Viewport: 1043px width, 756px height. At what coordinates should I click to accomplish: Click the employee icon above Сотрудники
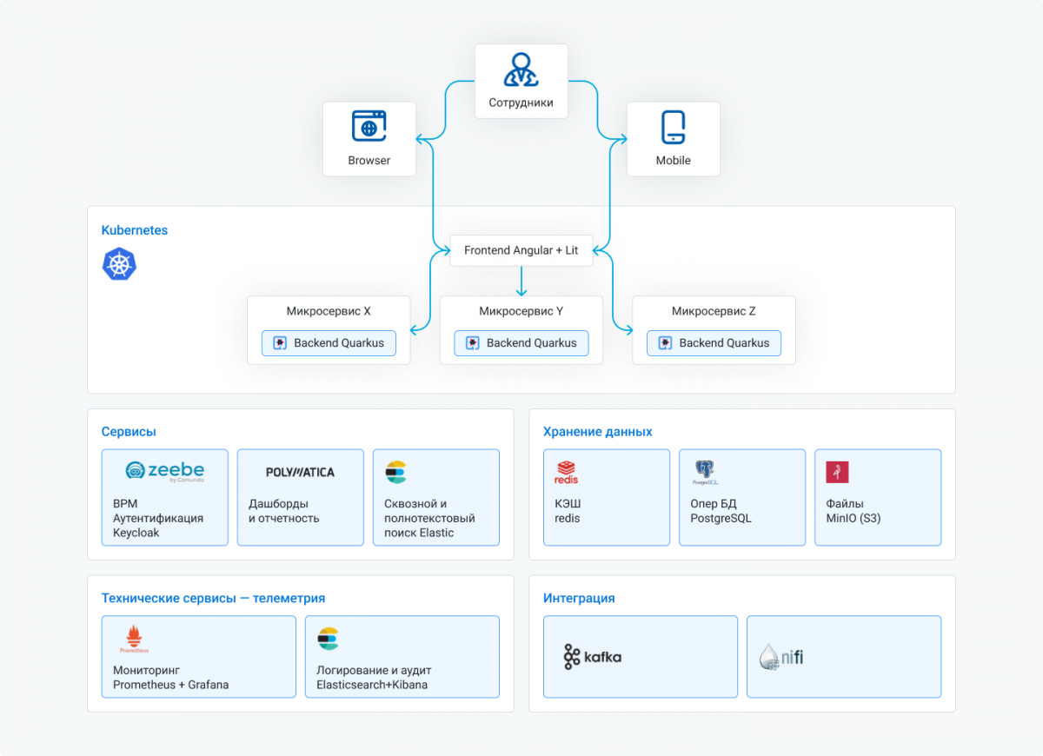click(x=521, y=70)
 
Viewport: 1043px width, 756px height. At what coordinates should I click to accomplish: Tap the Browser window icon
click(x=369, y=126)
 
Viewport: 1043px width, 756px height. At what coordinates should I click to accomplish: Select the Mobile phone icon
click(x=673, y=127)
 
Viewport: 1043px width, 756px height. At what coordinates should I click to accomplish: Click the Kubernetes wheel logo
click(x=119, y=264)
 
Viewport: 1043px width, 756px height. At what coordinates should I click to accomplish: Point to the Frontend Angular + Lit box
click(x=521, y=250)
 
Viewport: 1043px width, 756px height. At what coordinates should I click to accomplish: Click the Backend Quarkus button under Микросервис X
click(x=329, y=343)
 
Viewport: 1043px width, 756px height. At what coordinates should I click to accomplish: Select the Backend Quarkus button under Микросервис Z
click(x=714, y=343)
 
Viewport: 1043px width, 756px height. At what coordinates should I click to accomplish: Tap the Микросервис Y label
click(x=521, y=311)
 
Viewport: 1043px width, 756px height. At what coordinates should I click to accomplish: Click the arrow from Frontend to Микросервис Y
click(x=521, y=282)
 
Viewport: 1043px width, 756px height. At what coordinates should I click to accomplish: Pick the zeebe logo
click(x=165, y=471)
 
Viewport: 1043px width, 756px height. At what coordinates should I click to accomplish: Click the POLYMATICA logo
click(x=301, y=473)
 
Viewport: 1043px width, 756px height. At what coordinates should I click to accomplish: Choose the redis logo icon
click(x=566, y=473)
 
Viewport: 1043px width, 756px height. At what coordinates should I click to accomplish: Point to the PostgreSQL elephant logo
click(x=705, y=472)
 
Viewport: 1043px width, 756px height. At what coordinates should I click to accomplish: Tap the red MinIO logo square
click(x=837, y=472)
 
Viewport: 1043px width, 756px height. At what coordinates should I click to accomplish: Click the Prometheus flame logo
click(x=134, y=638)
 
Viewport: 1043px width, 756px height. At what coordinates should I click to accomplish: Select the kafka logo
click(x=592, y=657)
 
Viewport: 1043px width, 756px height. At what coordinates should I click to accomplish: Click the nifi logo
click(x=781, y=657)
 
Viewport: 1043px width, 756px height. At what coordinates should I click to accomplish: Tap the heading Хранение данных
click(x=597, y=432)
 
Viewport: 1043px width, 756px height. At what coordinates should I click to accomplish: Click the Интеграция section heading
click(x=579, y=598)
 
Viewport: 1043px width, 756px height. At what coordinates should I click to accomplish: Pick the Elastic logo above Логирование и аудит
click(x=329, y=639)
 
